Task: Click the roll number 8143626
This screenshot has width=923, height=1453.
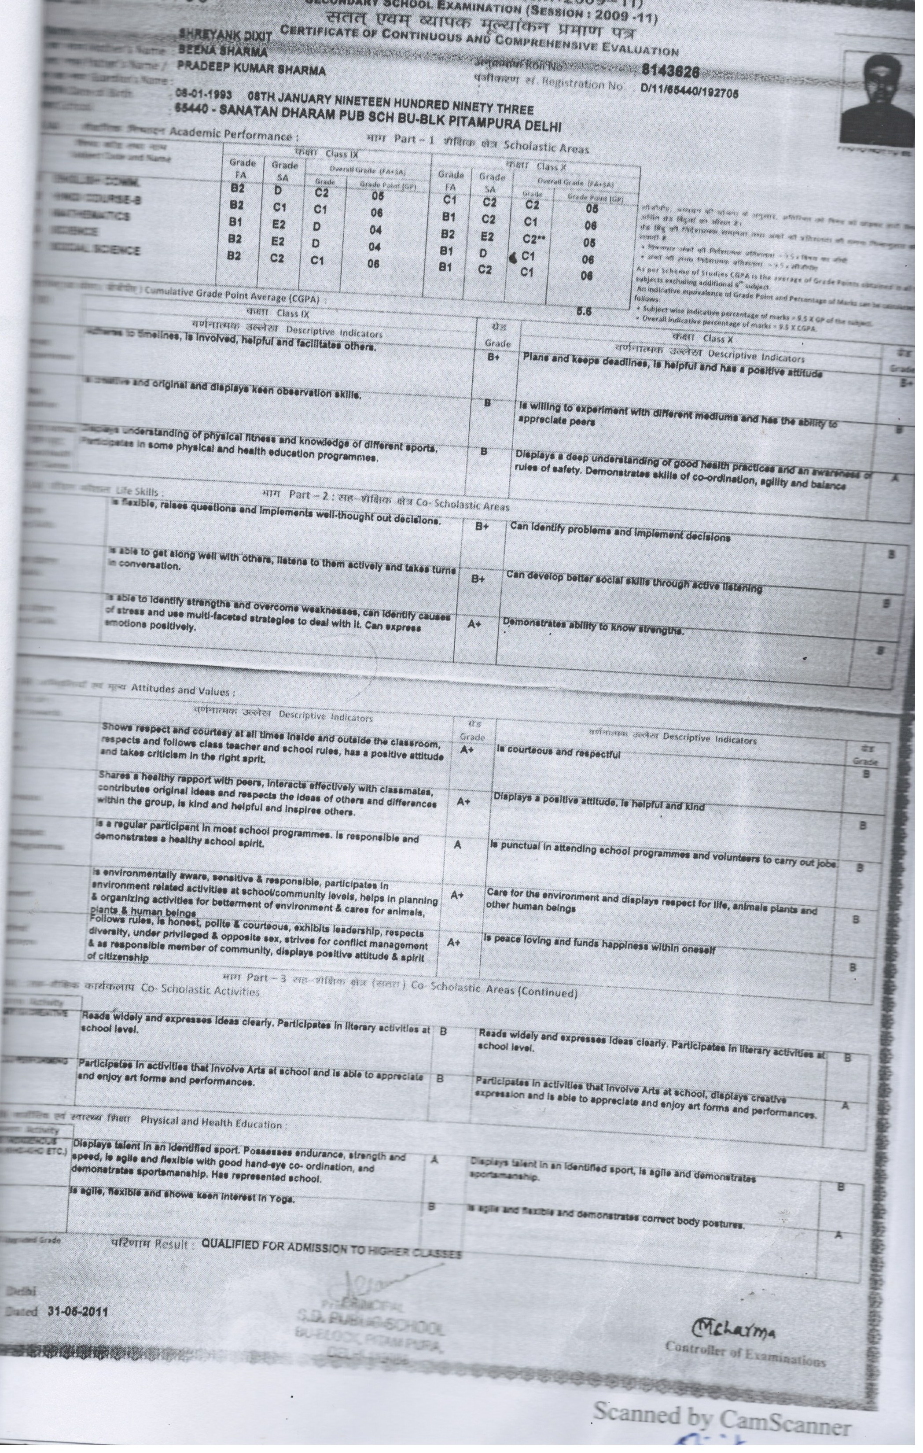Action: coord(670,71)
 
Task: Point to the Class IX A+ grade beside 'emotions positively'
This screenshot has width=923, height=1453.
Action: coord(474,624)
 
